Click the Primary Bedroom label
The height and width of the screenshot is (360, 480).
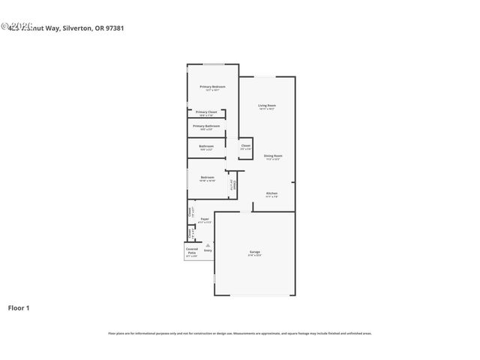[x=212, y=87]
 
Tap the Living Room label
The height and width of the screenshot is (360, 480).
[x=267, y=105]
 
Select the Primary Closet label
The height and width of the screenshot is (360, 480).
[x=206, y=112]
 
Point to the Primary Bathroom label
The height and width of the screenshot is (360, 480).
[x=206, y=126]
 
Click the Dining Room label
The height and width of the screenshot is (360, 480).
[x=272, y=156]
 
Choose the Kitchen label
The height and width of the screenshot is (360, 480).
[x=271, y=193]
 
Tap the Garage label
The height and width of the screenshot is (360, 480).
[x=255, y=251]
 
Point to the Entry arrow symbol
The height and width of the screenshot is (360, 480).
[x=208, y=244]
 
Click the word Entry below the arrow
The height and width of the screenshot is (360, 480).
[x=208, y=250]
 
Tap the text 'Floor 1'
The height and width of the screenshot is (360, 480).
[x=19, y=307]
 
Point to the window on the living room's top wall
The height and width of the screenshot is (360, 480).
[x=268, y=77]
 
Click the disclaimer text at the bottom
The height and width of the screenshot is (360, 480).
[x=240, y=333]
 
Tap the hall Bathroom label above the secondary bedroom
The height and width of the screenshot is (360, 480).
[x=206, y=146]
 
